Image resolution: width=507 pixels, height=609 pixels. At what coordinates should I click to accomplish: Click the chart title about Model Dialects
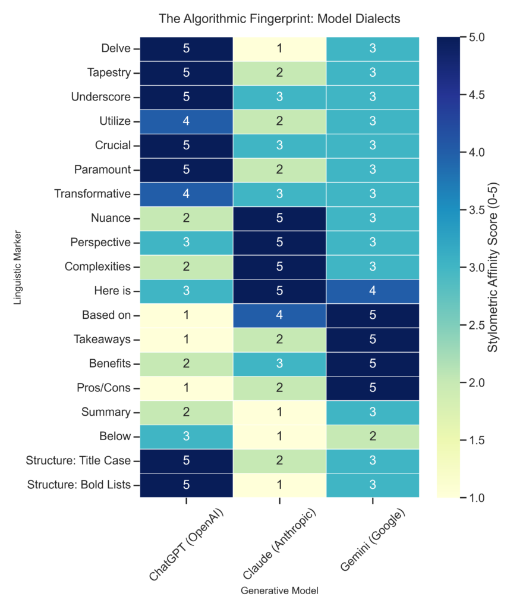pyautogui.click(x=279, y=18)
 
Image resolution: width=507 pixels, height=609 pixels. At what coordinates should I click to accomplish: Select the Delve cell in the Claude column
pyautogui.click(x=279, y=49)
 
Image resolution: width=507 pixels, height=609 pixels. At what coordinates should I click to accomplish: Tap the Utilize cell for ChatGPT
pyautogui.click(x=186, y=121)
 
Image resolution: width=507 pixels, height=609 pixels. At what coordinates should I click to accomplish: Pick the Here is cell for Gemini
pyautogui.click(x=373, y=291)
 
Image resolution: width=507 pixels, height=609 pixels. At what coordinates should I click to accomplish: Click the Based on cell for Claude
pyautogui.click(x=279, y=315)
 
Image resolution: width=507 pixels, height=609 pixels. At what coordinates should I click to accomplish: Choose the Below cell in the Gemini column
pyautogui.click(x=373, y=436)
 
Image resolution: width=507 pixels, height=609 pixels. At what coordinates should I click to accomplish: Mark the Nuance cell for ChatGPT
pyautogui.click(x=186, y=218)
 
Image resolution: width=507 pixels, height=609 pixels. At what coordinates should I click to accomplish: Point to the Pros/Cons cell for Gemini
pyautogui.click(x=373, y=388)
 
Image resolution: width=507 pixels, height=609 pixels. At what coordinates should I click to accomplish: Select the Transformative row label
pyautogui.click(x=92, y=194)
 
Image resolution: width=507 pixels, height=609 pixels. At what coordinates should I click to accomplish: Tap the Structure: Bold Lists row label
pyautogui.click(x=79, y=485)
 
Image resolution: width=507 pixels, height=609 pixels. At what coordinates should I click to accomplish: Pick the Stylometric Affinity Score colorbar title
pyautogui.click(x=493, y=267)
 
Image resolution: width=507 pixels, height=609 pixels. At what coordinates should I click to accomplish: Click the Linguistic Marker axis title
pyautogui.click(x=18, y=267)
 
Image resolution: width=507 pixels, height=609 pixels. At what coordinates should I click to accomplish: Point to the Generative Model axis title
pyautogui.click(x=279, y=591)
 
